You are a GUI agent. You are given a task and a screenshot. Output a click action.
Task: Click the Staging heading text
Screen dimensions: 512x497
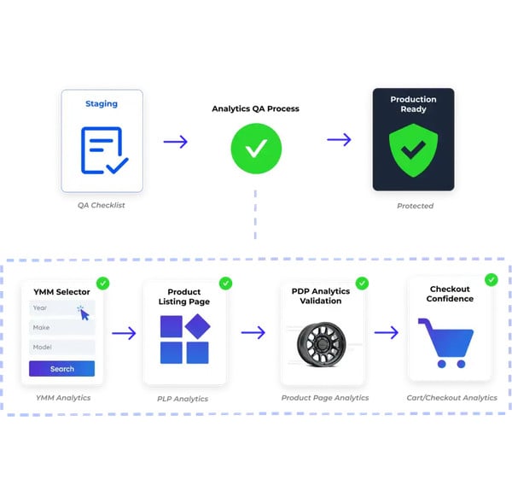(x=102, y=104)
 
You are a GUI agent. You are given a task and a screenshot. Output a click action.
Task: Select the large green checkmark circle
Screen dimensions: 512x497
(x=256, y=149)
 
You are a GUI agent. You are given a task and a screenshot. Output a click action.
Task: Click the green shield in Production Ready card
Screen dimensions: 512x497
(x=413, y=150)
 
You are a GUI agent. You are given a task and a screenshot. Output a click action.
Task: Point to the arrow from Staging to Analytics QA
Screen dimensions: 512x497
(x=175, y=142)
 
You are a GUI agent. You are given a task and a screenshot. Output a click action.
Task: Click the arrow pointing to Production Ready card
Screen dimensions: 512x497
(x=339, y=139)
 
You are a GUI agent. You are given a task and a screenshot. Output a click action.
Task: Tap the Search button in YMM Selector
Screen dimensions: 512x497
(x=61, y=369)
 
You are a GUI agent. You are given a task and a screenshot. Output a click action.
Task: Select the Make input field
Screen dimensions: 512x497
(x=61, y=327)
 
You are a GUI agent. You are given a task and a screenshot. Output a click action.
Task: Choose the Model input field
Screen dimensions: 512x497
(x=61, y=347)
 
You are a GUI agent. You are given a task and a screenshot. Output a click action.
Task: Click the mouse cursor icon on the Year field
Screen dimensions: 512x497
(x=84, y=314)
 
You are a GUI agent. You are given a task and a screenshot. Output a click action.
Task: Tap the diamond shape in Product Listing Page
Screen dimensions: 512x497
(x=198, y=326)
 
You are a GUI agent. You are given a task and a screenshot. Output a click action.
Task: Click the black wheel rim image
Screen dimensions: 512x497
(x=322, y=344)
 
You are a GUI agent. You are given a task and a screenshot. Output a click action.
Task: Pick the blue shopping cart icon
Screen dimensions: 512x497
(x=445, y=342)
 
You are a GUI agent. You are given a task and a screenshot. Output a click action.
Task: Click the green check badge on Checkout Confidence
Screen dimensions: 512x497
(x=492, y=280)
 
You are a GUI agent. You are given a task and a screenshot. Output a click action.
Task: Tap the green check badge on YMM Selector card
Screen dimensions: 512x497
(x=103, y=284)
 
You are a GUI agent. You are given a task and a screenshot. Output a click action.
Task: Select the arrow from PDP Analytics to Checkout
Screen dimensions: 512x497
(x=387, y=333)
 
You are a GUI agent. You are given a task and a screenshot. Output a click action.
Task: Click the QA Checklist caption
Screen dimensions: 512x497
(x=102, y=205)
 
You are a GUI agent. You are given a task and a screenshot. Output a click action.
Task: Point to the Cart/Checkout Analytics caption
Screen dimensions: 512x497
(x=451, y=398)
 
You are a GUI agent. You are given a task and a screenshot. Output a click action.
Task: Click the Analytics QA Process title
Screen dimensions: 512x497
(x=255, y=108)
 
